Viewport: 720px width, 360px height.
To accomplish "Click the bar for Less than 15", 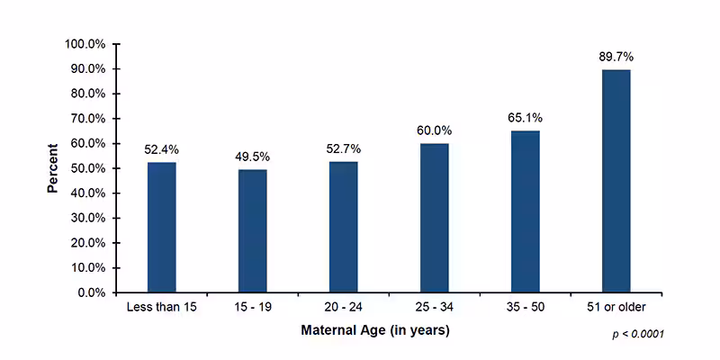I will pos(162,227).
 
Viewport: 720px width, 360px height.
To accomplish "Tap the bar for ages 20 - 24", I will pos(343,227).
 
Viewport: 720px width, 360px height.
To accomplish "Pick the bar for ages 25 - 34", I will pos(434,218).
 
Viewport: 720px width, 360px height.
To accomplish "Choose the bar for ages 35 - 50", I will pos(525,211).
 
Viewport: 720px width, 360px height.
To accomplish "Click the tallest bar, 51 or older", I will pos(616,181).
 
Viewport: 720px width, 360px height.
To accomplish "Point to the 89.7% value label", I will pos(616,57).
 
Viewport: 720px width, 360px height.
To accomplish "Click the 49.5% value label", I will pos(252,157).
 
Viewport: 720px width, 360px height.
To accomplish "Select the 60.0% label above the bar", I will pos(434,130).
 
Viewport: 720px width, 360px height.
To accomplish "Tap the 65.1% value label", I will pos(525,118).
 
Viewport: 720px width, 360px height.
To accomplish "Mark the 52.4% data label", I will pos(162,149).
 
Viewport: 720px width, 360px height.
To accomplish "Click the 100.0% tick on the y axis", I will pos(86,44).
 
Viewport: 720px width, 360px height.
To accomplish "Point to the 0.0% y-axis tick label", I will pos(93,292).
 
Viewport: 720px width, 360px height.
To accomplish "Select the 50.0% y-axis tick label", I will pos(89,168).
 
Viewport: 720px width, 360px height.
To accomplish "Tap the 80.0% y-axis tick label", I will pos(89,94).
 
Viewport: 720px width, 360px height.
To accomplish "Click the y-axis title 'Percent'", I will pos(53,167).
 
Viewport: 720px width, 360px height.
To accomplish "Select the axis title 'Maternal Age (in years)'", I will pos(374,330).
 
